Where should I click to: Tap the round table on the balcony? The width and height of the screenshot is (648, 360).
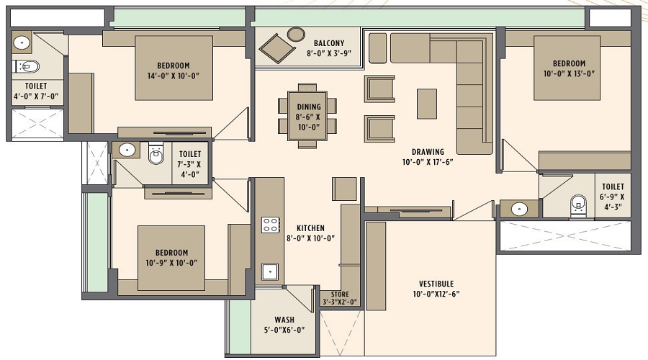(x=296, y=34)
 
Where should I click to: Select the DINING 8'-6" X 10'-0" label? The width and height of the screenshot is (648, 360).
(x=309, y=116)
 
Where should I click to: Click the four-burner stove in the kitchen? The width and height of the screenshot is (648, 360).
(x=271, y=225)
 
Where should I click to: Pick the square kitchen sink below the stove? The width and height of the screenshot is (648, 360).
(x=271, y=271)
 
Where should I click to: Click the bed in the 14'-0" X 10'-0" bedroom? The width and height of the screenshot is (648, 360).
(x=174, y=68)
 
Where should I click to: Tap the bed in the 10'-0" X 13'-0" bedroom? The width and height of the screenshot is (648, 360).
(x=567, y=68)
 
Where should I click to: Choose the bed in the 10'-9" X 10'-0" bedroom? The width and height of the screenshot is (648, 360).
(x=171, y=257)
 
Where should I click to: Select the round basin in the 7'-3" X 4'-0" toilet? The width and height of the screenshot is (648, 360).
(x=127, y=151)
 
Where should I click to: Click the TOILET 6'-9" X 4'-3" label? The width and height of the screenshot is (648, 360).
(x=613, y=197)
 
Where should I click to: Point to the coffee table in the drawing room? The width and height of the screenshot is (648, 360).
(x=426, y=103)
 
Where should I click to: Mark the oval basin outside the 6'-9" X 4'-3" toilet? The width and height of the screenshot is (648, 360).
(x=518, y=209)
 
